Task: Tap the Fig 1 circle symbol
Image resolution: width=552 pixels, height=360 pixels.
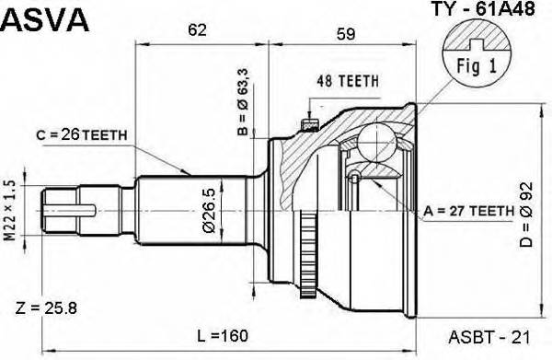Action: point(476,51)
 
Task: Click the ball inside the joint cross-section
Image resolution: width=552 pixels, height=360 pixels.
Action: point(375,141)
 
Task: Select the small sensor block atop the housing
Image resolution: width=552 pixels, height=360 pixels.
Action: point(308,122)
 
